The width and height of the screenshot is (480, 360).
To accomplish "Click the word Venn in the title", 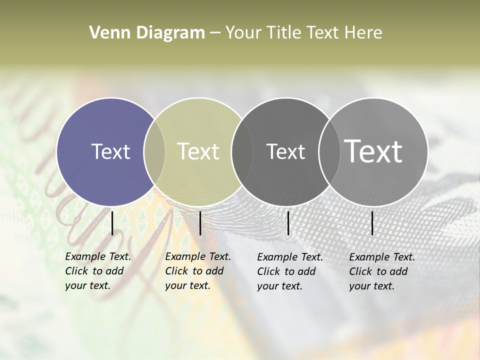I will click(x=105, y=33).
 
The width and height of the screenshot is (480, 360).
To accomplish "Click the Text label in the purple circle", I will click(x=110, y=151).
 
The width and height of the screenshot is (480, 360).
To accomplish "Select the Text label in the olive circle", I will click(x=198, y=151).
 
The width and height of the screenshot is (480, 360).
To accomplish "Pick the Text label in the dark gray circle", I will click(x=285, y=151).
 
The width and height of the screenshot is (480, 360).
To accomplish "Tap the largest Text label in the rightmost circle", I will click(x=373, y=151).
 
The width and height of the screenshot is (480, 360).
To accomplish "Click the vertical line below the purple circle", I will click(x=112, y=223).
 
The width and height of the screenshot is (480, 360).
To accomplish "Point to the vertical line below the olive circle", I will click(x=200, y=223).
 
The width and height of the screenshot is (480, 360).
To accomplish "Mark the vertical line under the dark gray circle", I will click(x=288, y=223).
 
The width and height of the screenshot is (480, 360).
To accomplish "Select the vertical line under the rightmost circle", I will click(x=372, y=223).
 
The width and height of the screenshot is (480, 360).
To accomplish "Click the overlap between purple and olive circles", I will click(x=154, y=151).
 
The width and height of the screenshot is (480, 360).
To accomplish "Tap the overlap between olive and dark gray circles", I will click(x=242, y=151).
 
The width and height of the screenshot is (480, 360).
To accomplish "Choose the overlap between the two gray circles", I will click(x=328, y=151).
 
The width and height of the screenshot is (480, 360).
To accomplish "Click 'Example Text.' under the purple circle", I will click(x=98, y=256).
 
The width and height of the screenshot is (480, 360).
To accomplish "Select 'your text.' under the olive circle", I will click(x=187, y=285).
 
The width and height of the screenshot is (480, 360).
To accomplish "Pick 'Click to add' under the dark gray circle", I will click(x=286, y=271).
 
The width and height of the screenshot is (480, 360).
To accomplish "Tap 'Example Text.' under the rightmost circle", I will click(x=382, y=257).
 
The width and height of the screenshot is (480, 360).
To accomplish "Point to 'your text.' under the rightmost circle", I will click(x=371, y=286).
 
